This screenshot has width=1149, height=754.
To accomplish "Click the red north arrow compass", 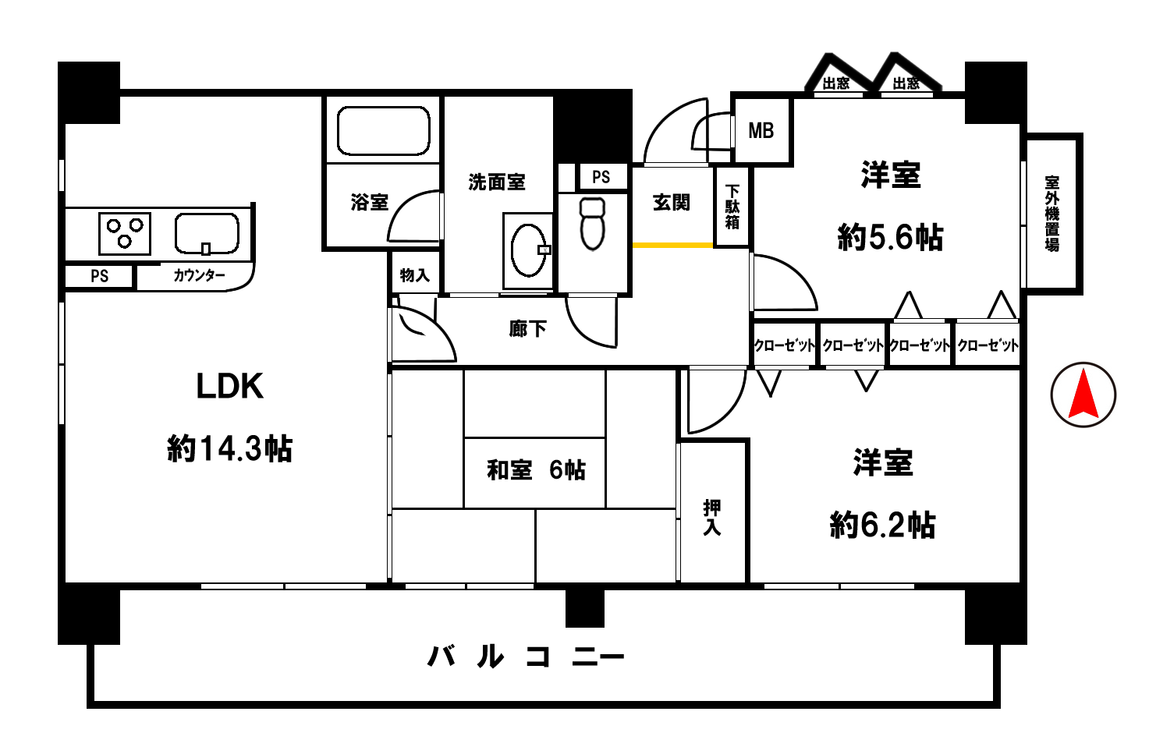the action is tap(1083, 395).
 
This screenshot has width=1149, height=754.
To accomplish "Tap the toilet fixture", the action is tap(593, 224).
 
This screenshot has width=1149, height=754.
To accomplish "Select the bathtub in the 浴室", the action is tap(383, 131).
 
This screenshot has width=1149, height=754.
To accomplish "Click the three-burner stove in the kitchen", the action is tap(125, 234).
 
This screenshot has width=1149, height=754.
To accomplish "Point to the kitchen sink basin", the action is tap(207, 234).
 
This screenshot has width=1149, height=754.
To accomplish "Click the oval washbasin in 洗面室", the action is tap(529, 250).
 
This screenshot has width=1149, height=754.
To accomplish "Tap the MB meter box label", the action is tap(761, 131).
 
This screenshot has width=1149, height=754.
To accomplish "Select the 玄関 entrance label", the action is tap(672, 203).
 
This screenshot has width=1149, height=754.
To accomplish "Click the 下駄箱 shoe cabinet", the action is tap(732, 207).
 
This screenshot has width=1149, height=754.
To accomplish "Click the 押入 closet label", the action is tap(711, 518).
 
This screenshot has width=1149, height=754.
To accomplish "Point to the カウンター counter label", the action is tap(199, 276).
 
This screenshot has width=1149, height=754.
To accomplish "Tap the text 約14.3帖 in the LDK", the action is tap(230, 449).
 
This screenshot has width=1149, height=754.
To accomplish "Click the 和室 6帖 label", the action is tap(536, 470).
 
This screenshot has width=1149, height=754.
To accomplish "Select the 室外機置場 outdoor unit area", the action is tap(1052, 214).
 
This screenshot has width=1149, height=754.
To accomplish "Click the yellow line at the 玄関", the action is tap(672, 246).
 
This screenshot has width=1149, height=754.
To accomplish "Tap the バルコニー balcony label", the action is tap(525, 657).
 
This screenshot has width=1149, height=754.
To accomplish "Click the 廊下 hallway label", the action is tap(527, 328).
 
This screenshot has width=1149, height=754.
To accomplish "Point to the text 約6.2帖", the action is tap(882, 525).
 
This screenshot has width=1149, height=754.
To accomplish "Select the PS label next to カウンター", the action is tap(100, 276).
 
